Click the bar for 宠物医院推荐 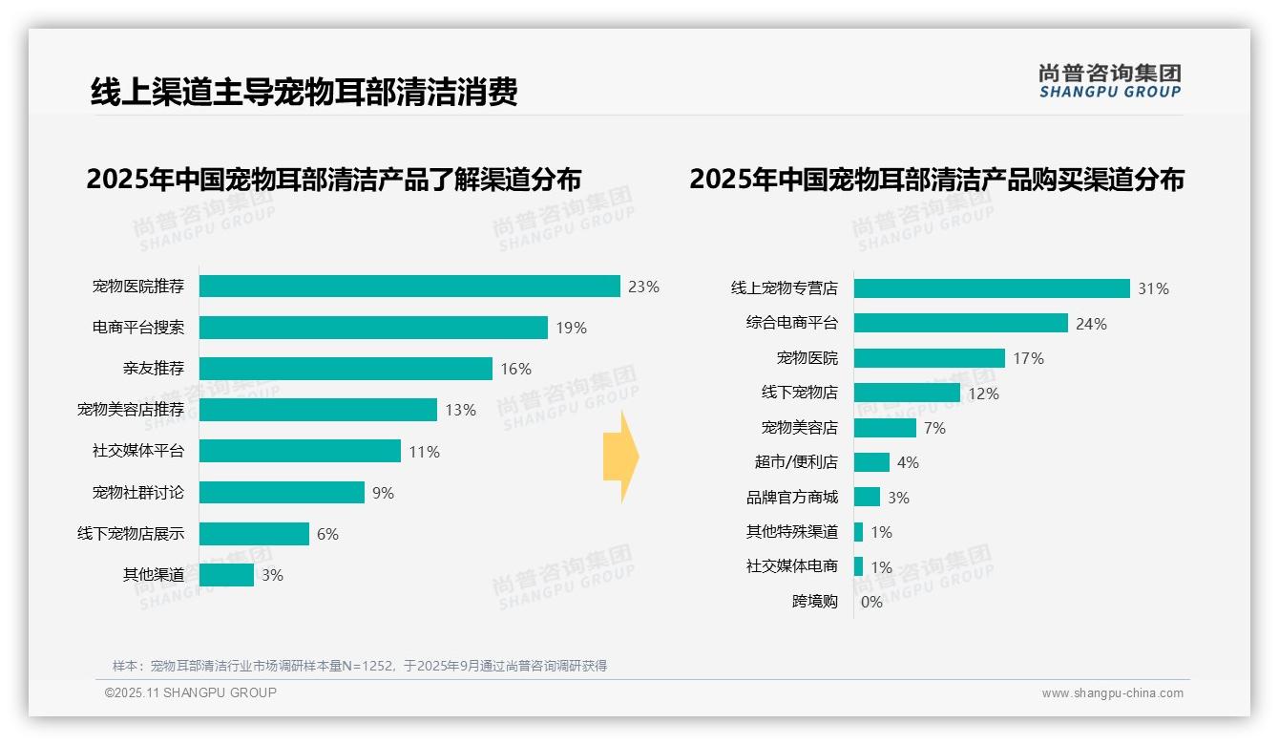[x=409, y=287]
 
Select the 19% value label [x=571, y=329]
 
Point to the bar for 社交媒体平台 [x=300, y=451]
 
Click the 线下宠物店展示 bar [x=254, y=534]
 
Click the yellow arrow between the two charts [x=620, y=457]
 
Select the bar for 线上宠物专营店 [x=992, y=288]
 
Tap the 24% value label [x=1091, y=324]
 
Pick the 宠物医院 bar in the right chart [x=929, y=358]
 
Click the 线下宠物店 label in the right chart [x=799, y=393]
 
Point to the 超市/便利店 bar [x=871, y=462]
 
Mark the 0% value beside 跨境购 [x=871, y=602]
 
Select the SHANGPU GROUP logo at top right [x=1109, y=81]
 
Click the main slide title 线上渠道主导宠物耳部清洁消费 [x=304, y=92]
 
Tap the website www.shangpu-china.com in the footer [x=1112, y=693]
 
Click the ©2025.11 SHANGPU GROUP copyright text [x=191, y=692]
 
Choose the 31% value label [x=1153, y=288]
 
